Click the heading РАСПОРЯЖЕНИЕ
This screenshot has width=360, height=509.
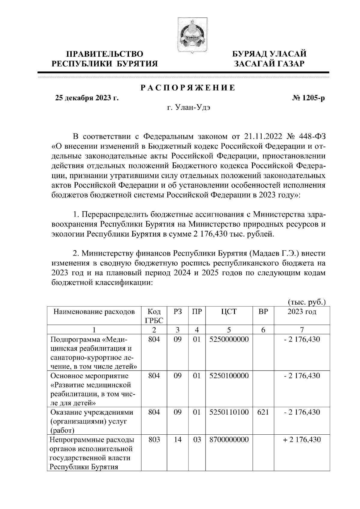pyautogui.click(x=188, y=88)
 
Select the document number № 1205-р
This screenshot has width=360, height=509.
pyautogui.click(x=309, y=98)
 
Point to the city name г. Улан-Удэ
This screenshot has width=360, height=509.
pyautogui.click(x=188, y=108)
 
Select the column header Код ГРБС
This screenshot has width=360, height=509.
pyautogui.click(x=154, y=316)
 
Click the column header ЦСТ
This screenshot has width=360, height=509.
pyautogui.click(x=229, y=312)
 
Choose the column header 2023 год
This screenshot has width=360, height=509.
pyautogui.click(x=302, y=312)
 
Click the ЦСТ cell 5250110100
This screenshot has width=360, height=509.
pyautogui.click(x=229, y=412)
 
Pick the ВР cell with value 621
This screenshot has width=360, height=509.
pyautogui.click(x=263, y=412)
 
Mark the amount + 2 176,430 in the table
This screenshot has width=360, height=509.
pyautogui.click(x=302, y=440)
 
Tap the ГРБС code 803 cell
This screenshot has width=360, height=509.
pyautogui.click(x=154, y=440)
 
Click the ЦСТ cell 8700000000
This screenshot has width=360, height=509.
pyautogui.click(x=229, y=440)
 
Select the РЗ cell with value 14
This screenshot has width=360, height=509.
pyautogui.click(x=178, y=440)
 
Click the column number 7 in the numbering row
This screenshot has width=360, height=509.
pyautogui.click(x=302, y=330)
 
